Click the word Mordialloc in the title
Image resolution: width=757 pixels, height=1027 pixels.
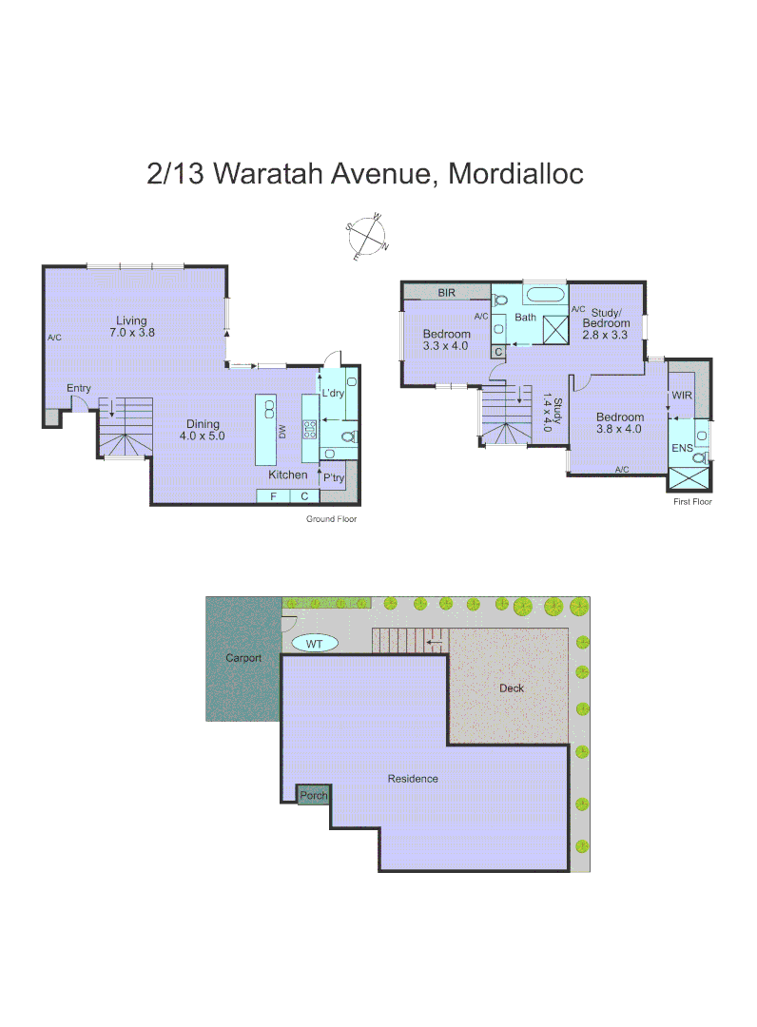click(x=515, y=174)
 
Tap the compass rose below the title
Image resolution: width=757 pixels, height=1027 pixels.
click(x=368, y=237)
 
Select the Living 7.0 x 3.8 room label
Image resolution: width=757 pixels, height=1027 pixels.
click(x=131, y=327)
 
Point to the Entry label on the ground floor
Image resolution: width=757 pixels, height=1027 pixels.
click(x=79, y=388)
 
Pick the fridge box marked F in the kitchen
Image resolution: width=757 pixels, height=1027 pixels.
click(x=273, y=495)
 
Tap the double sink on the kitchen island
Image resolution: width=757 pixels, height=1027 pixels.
click(x=269, y=410)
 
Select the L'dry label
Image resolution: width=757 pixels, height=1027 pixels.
click(x=332, y=393)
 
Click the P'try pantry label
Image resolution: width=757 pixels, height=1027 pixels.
click(x=333, y=477)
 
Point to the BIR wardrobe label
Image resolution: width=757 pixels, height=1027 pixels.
click(x=446, y=293)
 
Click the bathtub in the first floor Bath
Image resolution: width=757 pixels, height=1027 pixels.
click(x=544, y=293)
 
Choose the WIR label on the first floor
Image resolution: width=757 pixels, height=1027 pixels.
click(x=682, y=393)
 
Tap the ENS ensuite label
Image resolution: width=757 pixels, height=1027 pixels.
click(x=682, y=446)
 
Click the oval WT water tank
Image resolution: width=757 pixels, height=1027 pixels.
click(x=315, y=644)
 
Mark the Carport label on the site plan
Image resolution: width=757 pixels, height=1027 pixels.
click(x=243, y=657)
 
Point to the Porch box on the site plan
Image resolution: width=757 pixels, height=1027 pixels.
click(x=313, y=796)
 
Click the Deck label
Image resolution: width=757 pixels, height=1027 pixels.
click(x=512, y=688)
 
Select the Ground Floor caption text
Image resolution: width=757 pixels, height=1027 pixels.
click(x=331, y=519)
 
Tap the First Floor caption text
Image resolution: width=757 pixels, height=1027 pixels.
click(x=691, y=501)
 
